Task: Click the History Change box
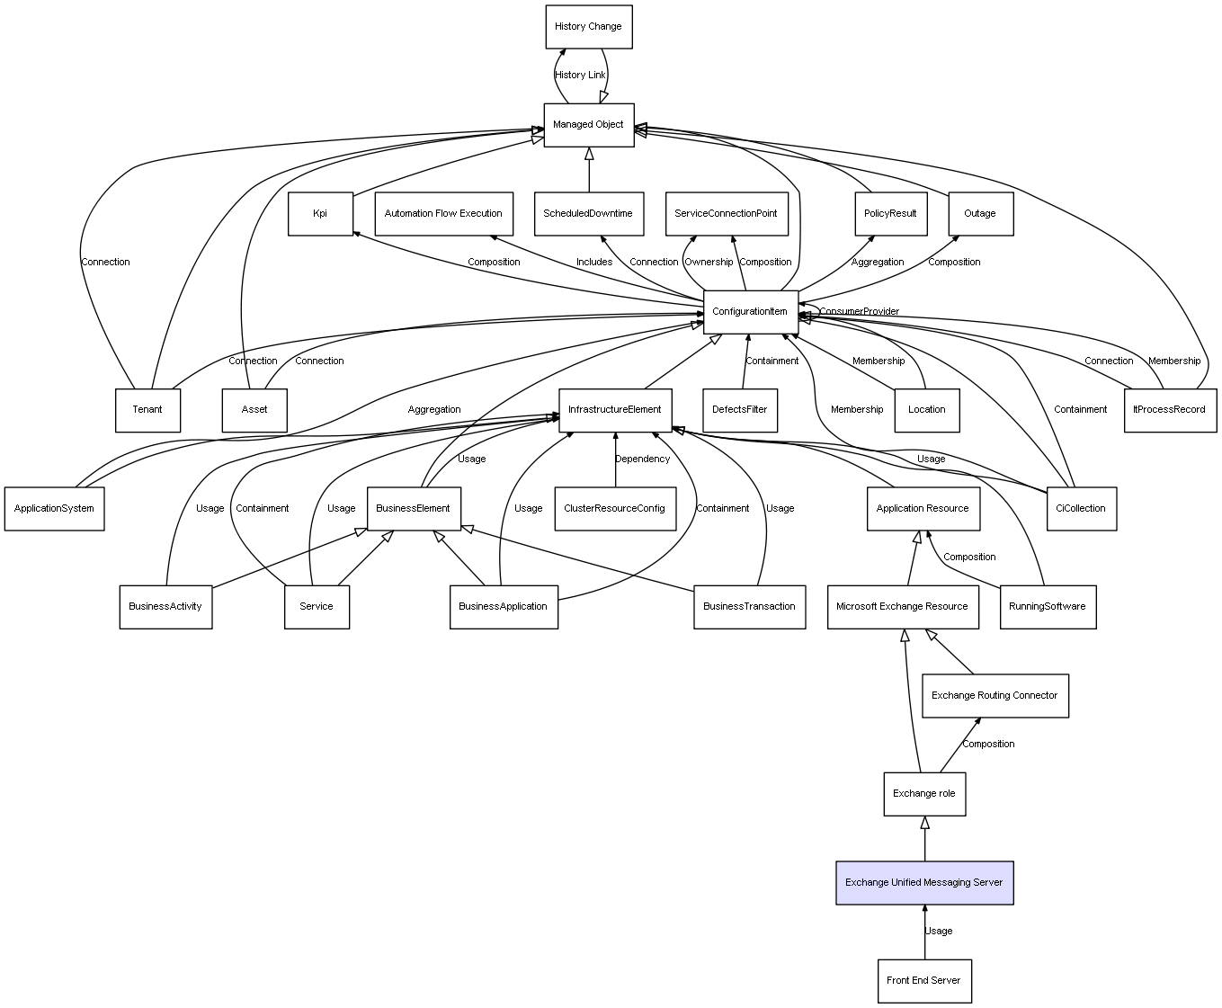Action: coord(588,27)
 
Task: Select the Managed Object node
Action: coord(588,125)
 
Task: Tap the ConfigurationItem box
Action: coord(750,312)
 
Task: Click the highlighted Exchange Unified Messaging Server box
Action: coord(923,883)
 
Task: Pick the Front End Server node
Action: coord(923,981)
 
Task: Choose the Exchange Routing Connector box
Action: coord(995,696)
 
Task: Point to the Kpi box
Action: coord(320,214)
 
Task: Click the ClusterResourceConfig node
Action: coord(614,509)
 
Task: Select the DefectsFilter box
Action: coord(739,410)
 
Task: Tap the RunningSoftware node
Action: coord(1047,607)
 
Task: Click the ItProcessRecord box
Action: coord(1169,410)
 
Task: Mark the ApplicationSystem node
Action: coord(54,509)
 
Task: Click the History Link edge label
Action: coord(580,76)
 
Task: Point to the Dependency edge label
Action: coord(642,459)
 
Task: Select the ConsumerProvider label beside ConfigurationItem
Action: coord(859,312)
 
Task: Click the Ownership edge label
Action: coord(709,263)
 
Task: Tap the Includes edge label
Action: coord(594,263)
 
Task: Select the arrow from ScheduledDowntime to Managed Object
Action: coord(589,170)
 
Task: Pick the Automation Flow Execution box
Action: coord(443,214)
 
